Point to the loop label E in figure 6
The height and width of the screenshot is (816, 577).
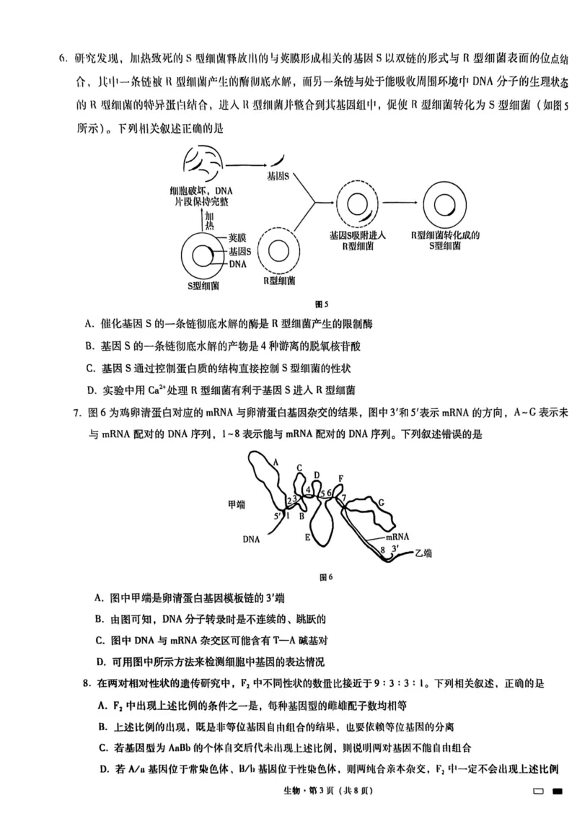pos(307,538)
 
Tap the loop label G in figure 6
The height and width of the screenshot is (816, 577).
pos(381,502)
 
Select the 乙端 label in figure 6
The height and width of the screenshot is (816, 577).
pos(423,553)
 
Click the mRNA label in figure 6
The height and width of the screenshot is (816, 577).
pos(397,537)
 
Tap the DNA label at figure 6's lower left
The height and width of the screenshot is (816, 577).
pos(251,538)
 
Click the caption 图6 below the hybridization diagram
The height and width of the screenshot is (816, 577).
pos(327,576)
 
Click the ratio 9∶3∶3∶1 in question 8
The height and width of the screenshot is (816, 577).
pos(409,682)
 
